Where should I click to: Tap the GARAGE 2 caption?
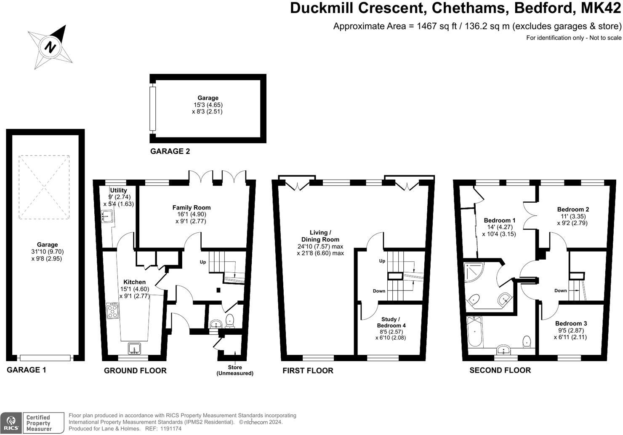[x=170, y=151]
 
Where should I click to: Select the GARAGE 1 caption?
[x=27, y=370]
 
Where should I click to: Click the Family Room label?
[x=192, y=207]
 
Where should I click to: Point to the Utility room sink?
[x=106, y=217]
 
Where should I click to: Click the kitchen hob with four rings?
[x=112, y=311]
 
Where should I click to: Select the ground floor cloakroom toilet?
[x=230, y=321]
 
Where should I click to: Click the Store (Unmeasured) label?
[x=235, y=370]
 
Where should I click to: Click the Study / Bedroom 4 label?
[x=391, y=322]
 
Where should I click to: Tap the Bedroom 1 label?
[x=499, y=220]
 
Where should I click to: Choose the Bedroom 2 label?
[x=573, y=209]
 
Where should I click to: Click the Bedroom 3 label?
[x=571, y=323]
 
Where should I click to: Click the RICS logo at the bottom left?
[x=11, y=423]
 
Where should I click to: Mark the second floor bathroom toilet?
[x=527, y=341]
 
